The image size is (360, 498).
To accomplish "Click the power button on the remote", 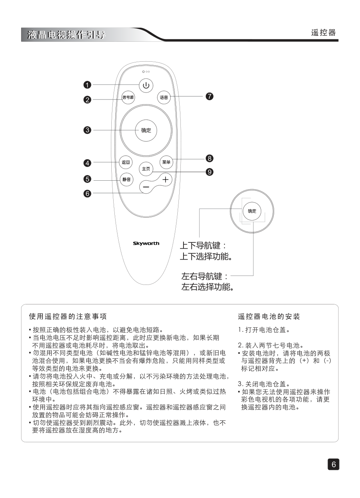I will (146, 85).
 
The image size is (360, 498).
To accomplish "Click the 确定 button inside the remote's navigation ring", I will (146, 131).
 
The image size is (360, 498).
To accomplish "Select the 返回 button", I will (125, 162).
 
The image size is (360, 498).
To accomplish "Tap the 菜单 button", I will (166, 162).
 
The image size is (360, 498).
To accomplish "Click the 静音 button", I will (126, 180).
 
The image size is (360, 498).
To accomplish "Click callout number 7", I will (210, 96).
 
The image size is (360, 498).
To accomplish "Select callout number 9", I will (210, 172).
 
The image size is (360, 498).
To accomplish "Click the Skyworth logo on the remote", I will (146, 244).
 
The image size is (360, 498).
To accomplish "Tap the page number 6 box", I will (333, 464).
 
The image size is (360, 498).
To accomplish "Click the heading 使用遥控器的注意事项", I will (68, 316).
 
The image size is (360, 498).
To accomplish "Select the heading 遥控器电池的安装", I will (269, 316).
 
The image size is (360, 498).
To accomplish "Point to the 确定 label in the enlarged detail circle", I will (252, 211).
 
